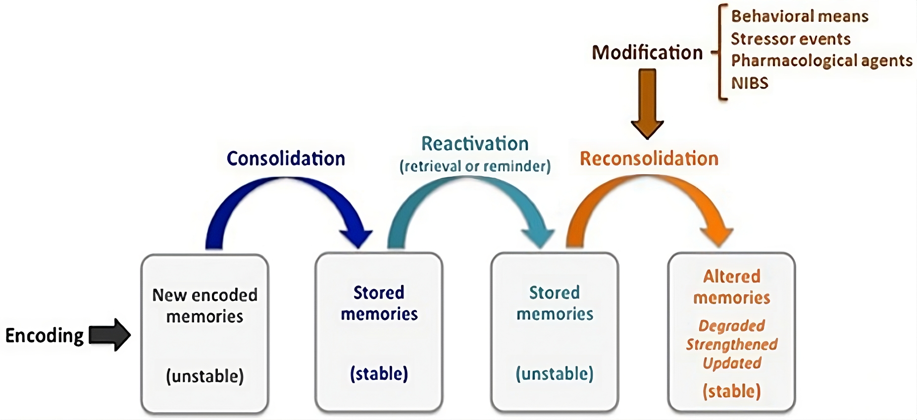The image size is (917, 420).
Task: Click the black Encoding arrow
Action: point(110,335)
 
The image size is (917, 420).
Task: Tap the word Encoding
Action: point(45,336)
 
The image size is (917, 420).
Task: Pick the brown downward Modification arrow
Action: point(647,104)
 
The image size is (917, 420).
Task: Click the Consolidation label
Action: point(286,158)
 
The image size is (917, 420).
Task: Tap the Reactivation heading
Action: point(475,144)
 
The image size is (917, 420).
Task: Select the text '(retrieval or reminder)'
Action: point(475,166)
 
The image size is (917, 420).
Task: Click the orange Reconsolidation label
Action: point(649,158)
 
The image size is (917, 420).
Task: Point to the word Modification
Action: point(647,52)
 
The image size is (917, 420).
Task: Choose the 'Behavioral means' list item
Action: point(800,16)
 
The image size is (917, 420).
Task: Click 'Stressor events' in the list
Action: point(791,39)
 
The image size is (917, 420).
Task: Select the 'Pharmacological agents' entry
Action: point(821,60)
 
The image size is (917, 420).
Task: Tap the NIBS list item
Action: point(750,83)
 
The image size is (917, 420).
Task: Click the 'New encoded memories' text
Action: point(204,306)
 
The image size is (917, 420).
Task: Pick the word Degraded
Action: point(732,325)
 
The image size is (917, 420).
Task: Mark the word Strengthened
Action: point(732,344)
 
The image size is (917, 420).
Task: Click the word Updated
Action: point(732,363)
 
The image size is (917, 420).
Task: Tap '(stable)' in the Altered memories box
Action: point(732,391)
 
